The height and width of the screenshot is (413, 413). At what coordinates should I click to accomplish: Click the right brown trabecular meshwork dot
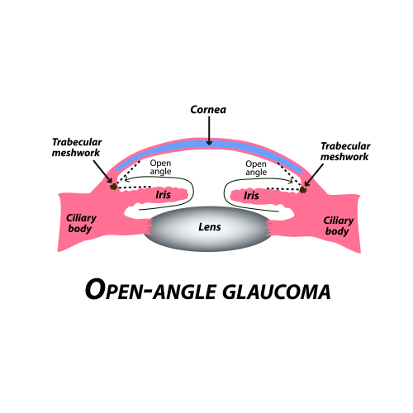coord(304,189)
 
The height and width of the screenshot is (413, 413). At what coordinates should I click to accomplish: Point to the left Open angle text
coord(161,168)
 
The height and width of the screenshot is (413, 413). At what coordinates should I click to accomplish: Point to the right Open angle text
coord(258,168)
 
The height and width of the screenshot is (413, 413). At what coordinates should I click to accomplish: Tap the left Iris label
coord(163,195)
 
